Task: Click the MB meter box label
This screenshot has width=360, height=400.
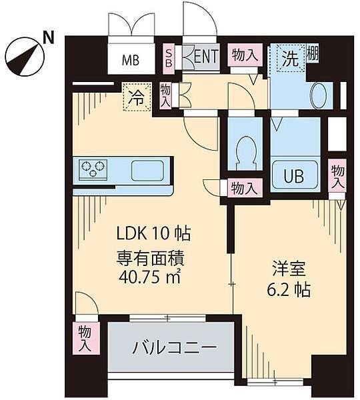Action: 131,61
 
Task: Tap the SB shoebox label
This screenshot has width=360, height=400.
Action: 169,58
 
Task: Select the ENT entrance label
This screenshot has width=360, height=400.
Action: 206,56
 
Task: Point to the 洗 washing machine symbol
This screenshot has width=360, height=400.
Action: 291,58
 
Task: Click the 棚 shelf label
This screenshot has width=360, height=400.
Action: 312,53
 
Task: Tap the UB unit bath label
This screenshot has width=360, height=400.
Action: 294,176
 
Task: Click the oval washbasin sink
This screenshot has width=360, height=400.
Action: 319,96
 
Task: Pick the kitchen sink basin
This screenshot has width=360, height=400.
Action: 147,171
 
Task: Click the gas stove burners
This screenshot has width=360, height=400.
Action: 93,169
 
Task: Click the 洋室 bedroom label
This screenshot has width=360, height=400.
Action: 289,269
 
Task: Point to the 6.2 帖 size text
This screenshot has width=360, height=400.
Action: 289,289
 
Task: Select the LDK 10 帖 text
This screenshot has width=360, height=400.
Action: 153,233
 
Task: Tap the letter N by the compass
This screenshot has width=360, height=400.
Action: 49,38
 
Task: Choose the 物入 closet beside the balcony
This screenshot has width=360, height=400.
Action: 85,338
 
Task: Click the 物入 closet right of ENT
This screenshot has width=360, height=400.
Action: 245,55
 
